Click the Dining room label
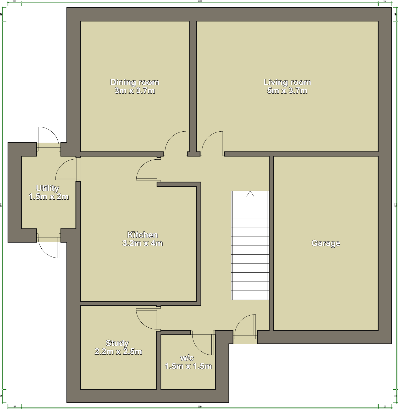[135, 82]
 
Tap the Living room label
[287, 82]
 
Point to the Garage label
[326, 243]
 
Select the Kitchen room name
[142, 234]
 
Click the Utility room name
[47, 188]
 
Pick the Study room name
[117, 343]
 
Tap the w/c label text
[187, 358]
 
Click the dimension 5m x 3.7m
[287, 91]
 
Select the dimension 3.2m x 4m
[142, 243]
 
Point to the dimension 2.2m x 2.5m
[118, 351]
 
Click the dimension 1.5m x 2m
[49, 197]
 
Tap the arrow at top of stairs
[250, 194]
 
